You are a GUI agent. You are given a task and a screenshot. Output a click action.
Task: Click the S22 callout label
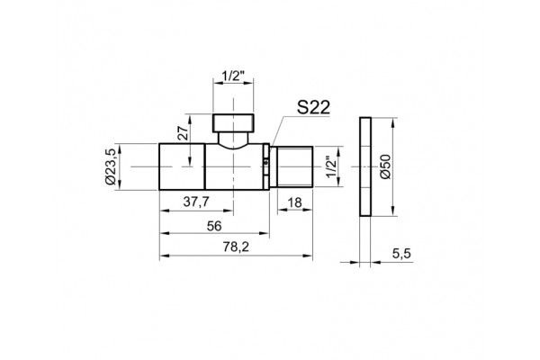point(313,107)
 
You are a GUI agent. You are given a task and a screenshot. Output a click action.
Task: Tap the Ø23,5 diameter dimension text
point(112,166)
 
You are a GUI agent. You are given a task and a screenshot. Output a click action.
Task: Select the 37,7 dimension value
point(196,202)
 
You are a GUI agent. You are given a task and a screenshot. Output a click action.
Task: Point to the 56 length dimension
point(214,226)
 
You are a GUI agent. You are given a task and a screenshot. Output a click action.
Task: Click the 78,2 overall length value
point(236,247)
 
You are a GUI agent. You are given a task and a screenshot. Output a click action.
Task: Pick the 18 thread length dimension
point(295,202)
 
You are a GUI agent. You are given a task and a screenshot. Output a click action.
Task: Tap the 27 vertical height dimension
point(184,132)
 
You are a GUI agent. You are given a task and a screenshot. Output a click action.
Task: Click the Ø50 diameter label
point(386,166)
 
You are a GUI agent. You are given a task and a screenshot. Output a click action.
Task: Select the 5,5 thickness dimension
point(401,254)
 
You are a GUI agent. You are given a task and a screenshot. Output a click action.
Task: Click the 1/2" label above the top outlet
point(233,76)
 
